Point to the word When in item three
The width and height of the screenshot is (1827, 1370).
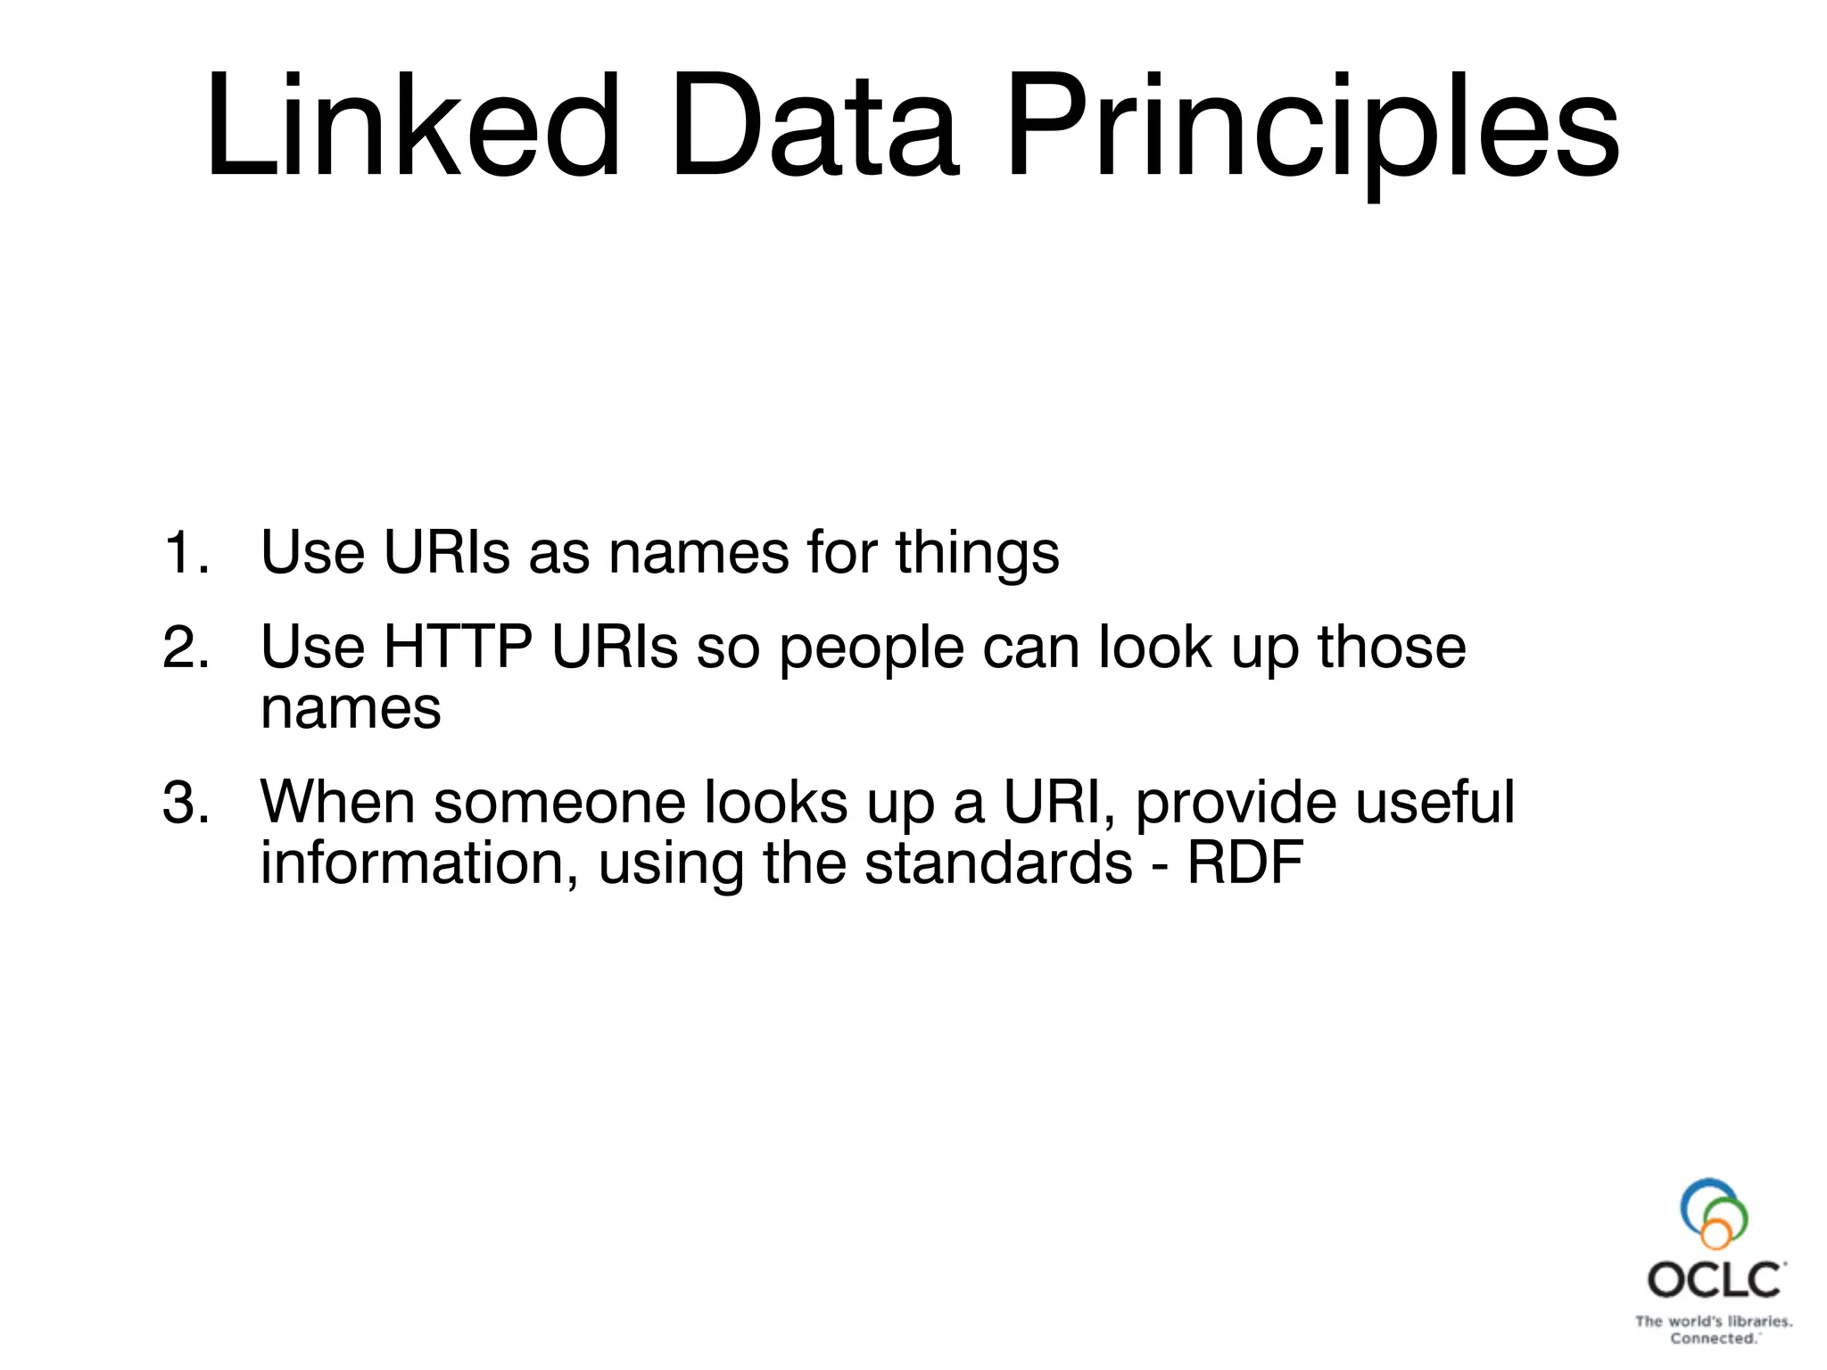[337, 802]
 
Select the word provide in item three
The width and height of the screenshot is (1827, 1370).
[1236, 804]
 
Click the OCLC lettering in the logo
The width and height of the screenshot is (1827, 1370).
[1714, 1281]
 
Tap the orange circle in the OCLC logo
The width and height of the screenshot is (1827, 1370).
[1715, 1234]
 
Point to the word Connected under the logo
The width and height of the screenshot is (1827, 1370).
[1712, 1339]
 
